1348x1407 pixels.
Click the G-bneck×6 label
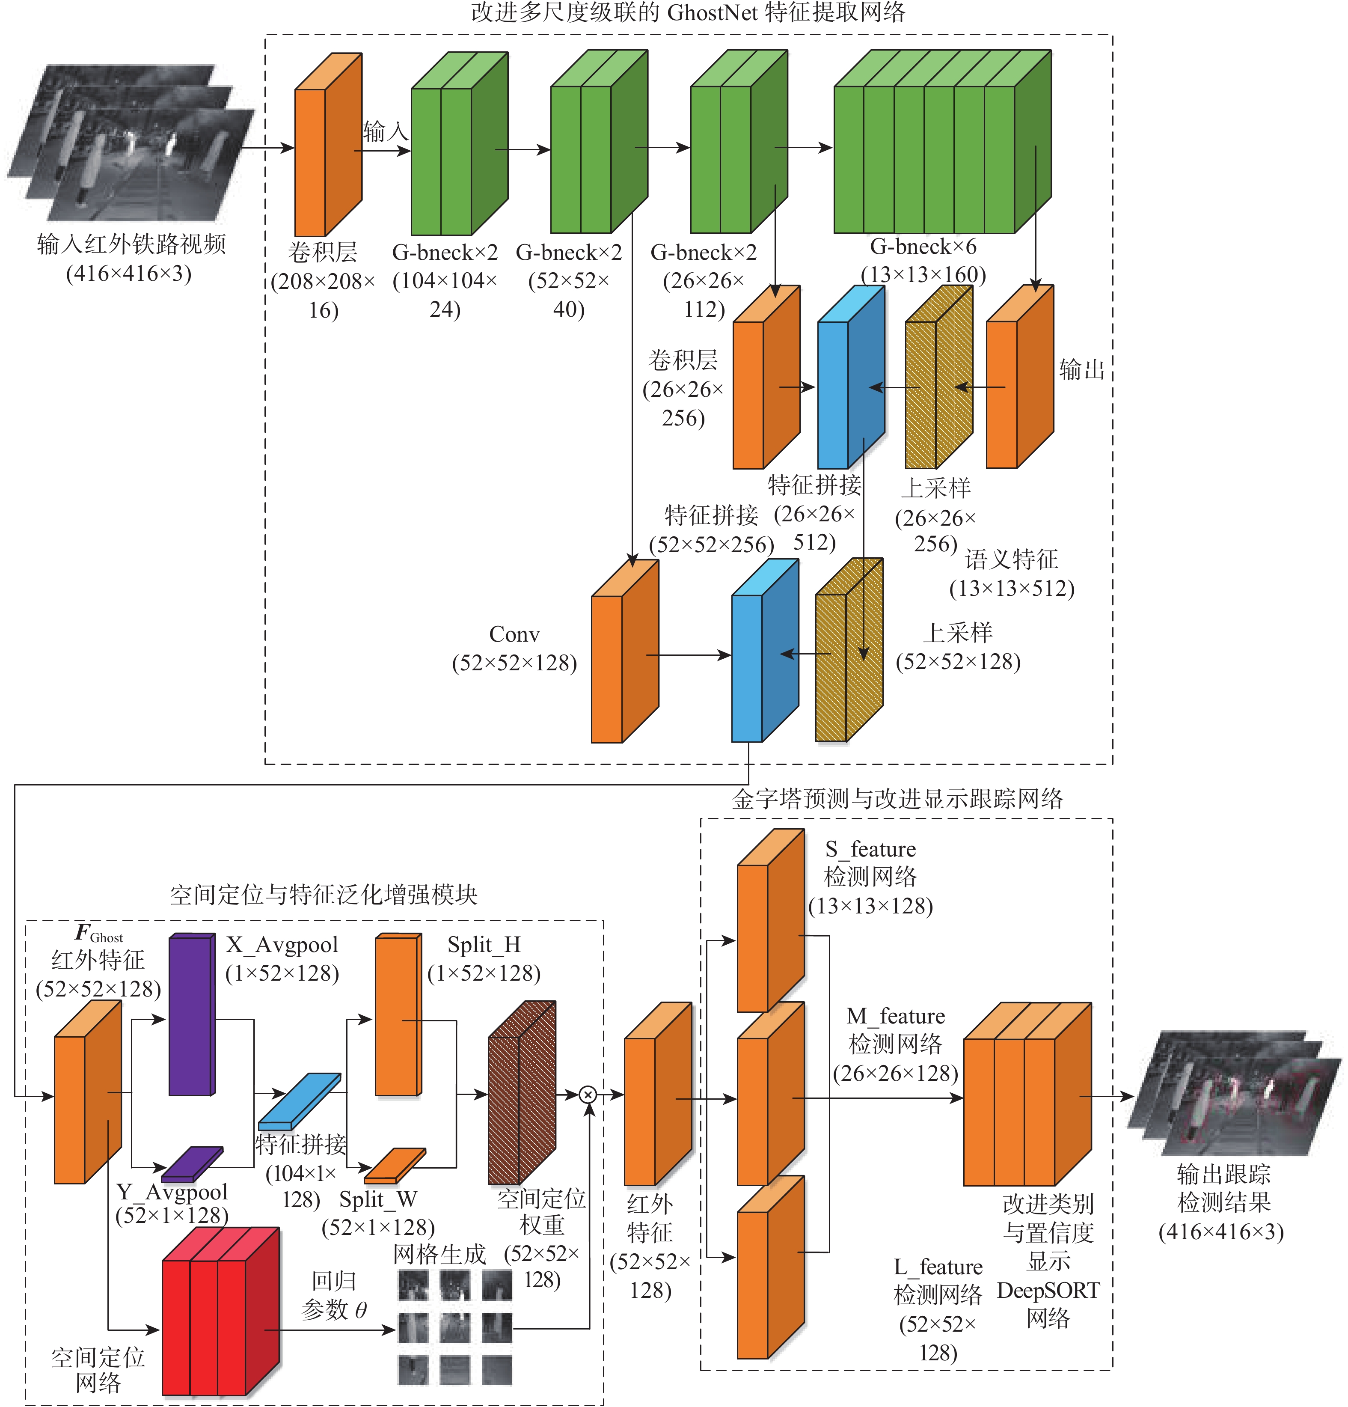pyautogui.click(x=923, y=247)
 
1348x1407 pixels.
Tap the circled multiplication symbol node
pyautogui.click(x=588, y=1095)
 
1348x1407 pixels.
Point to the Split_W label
pyautogui.click(x=377, y=1199)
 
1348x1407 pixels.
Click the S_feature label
pyautogui.click(x=870, y=849)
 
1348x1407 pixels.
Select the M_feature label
pyautogui.click(x=896, y=1017)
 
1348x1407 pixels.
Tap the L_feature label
pyautogui.click(x=938, y=1267)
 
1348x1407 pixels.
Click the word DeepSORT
pyautogui.click(x=1048, y=1291)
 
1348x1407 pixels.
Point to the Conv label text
pyautogui.click(x=514, y=634)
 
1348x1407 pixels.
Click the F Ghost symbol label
pyautogui.click(x=98, y=934)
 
